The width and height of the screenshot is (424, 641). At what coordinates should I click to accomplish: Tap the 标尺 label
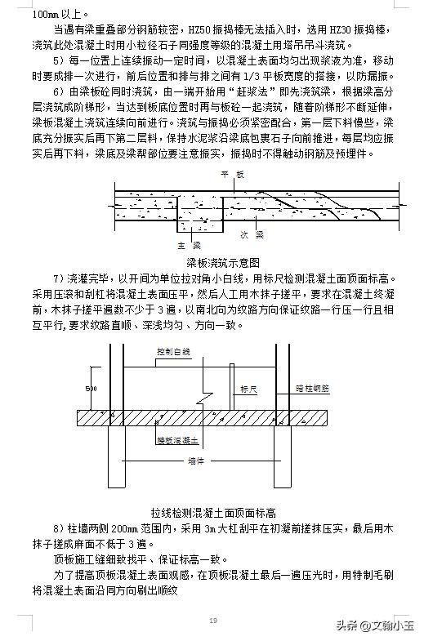248,391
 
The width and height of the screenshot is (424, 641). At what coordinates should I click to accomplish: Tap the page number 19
212,621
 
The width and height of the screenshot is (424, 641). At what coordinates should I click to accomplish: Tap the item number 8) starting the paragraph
58,529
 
